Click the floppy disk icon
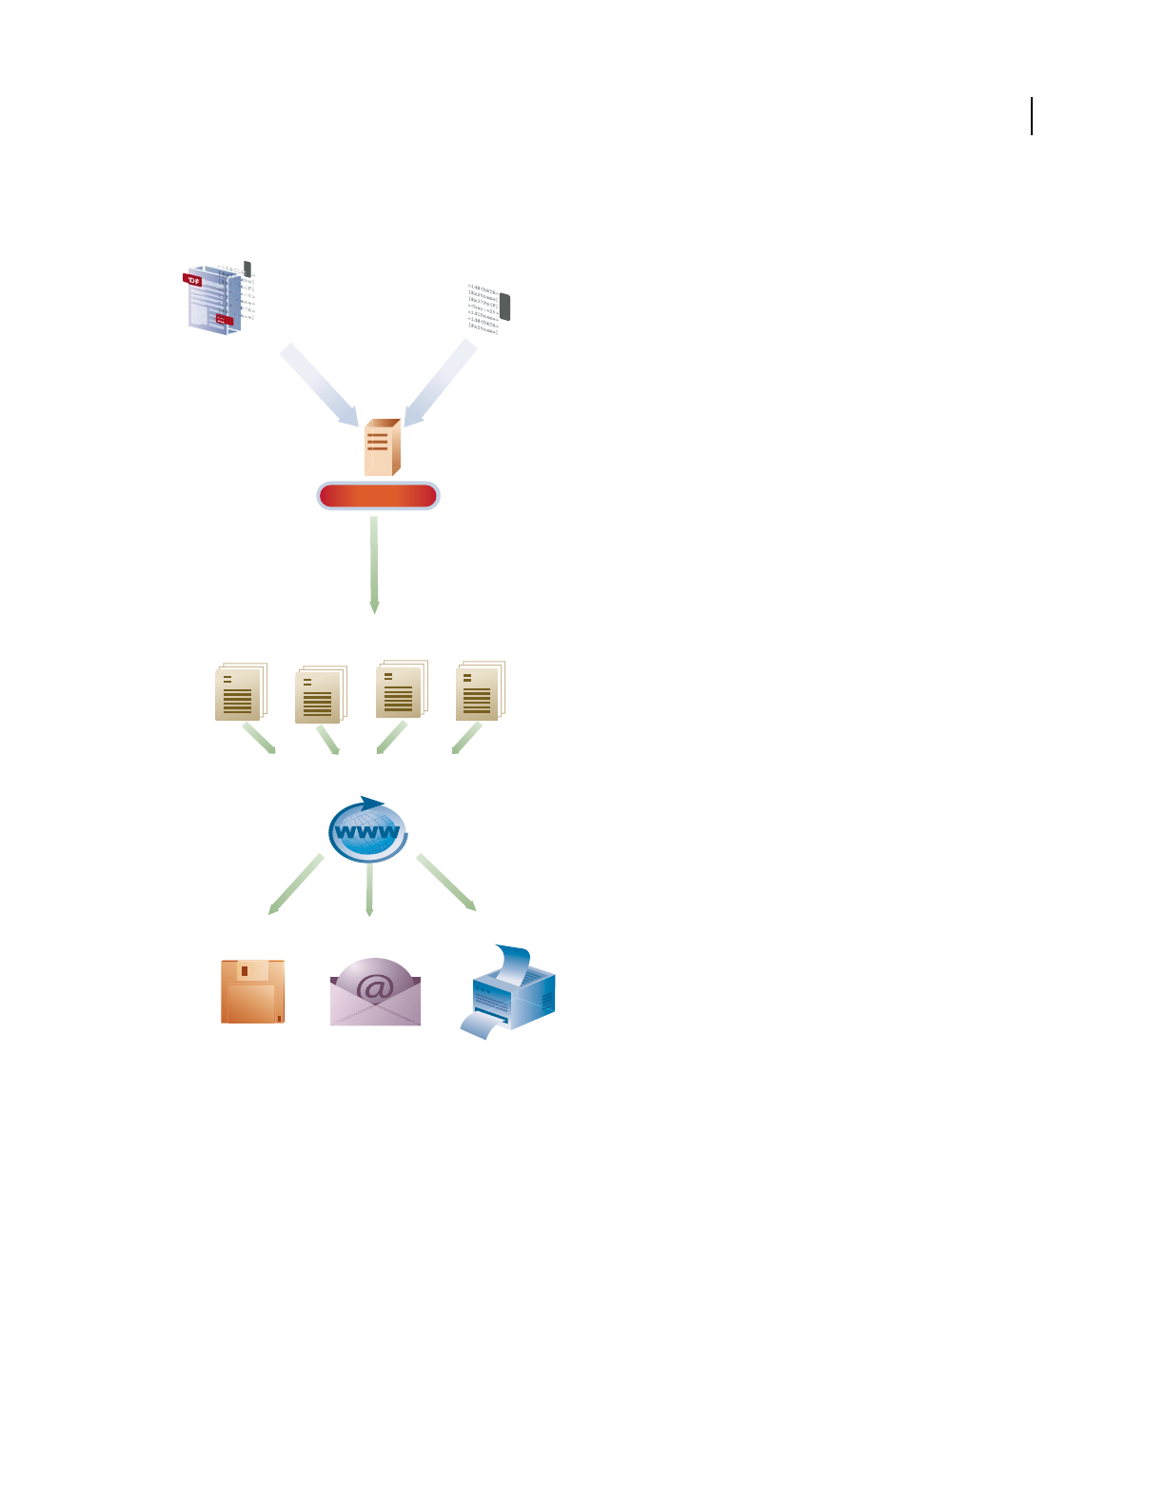(x=252, y=991)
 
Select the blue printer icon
(x=509, y=992)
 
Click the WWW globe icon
(x=368, y=830)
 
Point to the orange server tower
(x=382, y=447)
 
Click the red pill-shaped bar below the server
(x=378, y=496)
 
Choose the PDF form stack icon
(x=218, y=297)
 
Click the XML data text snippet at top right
(x=486, y=307)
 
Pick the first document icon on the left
(x=240, y=691)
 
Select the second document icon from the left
(x=320, y=695)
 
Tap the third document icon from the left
(x=401, y=689)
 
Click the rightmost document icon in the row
(x=480, y=690)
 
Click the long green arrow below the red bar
(x=374, y=565)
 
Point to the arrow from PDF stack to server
(x=319, y=386)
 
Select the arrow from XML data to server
(x=440, y=384)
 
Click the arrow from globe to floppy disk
(x=296, y=885)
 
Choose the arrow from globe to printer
(x=445, y=882)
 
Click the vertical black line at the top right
(x=1032, y=116)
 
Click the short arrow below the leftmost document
(x=259, y=739)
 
